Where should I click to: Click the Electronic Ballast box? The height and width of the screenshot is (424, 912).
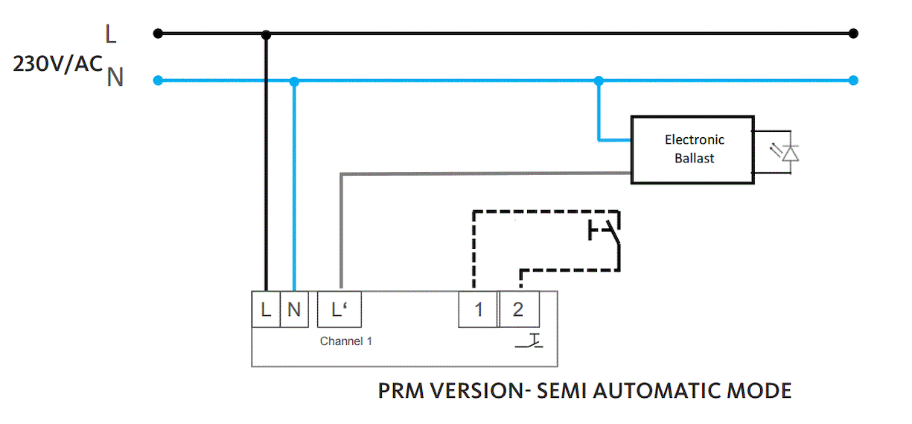point(692,149)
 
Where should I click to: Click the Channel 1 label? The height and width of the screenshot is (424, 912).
point(345,341)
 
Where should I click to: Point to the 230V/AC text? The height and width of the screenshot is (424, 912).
point(57,65)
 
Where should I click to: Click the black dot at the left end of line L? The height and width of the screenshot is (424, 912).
point(158,33)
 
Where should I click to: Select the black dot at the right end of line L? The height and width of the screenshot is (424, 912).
point(853,33)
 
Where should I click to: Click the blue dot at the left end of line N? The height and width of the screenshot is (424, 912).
point(158,80)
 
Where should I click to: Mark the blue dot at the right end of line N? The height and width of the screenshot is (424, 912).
point(853,80)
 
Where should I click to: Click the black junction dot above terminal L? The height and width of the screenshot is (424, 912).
point(266,34)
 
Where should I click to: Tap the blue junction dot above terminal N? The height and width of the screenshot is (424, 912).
point(295,80)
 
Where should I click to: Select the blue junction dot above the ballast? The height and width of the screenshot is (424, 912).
point(599,80)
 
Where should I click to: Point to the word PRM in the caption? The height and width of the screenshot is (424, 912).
point(403,390)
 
